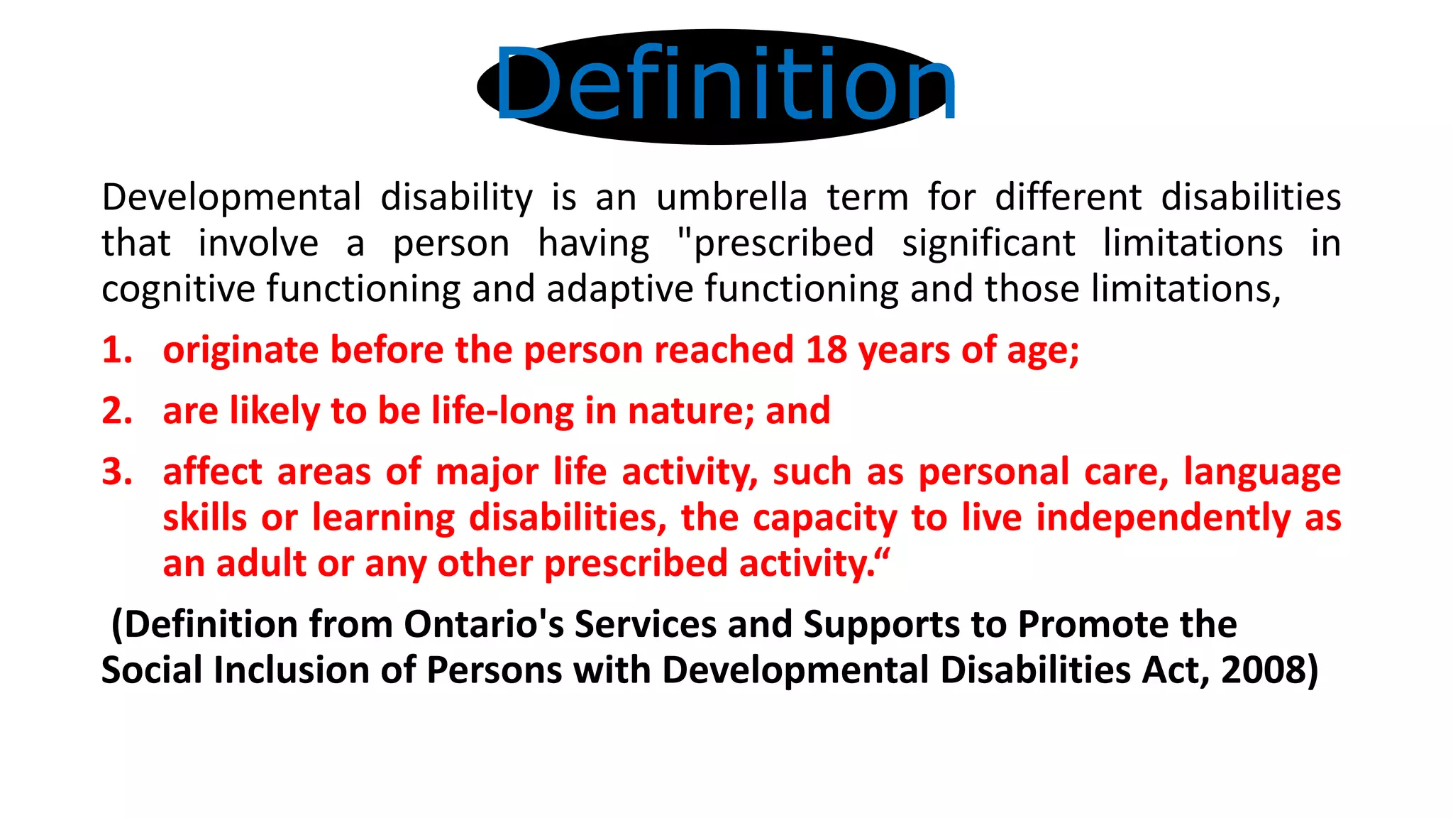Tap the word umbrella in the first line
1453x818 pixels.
tap(731, 197)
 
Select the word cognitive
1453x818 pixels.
tap(177, 290)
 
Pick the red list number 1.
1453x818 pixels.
tap(116, 350)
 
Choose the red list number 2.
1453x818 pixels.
tap(116, 411)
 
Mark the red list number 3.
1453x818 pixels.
tap(116, 472)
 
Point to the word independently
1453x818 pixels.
tap(1164, 518)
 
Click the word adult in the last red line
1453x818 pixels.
tap(260, 564)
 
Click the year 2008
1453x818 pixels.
tap(1263, 670)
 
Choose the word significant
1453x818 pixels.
tap(988, 244)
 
